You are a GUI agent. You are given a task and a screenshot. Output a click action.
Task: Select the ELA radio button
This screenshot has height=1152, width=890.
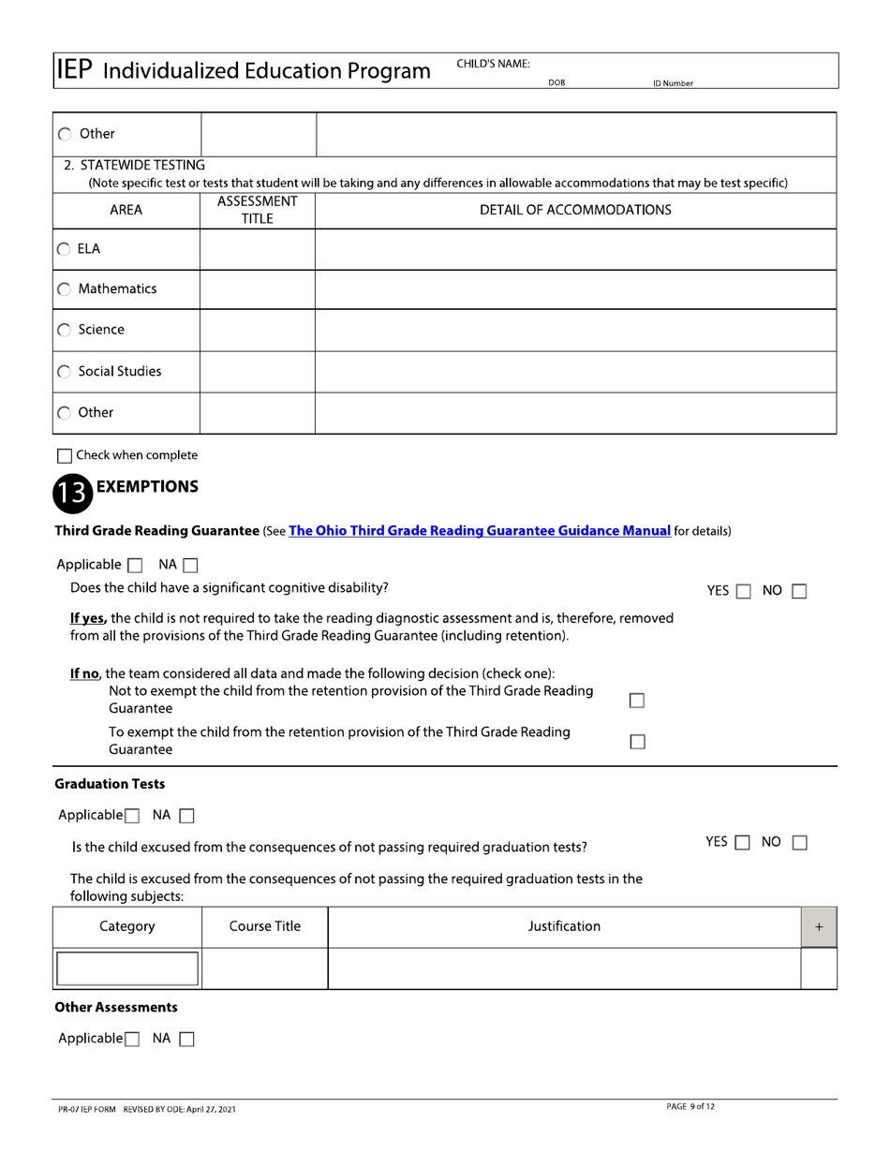64,249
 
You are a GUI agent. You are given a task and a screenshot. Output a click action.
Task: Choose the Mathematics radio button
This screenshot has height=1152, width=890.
64,290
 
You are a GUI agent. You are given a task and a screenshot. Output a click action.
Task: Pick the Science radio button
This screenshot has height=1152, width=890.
64,331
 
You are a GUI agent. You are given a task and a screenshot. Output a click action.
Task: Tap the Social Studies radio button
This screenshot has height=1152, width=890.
64,372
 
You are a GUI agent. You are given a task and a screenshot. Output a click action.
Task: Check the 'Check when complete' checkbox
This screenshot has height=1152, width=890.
64,456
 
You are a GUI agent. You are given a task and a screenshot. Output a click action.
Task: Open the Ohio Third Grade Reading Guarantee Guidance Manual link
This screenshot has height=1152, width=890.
480,531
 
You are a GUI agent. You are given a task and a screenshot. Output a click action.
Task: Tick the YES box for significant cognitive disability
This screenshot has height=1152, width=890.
742,591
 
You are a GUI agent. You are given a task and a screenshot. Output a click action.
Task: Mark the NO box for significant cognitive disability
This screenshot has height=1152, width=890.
799,591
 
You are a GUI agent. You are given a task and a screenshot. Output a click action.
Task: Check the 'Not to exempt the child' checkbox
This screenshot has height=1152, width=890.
637,701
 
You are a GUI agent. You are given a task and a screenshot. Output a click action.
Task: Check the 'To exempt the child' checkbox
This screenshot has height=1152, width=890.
637,742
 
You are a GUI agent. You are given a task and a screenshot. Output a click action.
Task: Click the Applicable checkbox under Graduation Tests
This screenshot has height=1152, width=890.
132,816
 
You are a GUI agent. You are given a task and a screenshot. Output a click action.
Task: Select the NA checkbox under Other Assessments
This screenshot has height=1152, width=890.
185,1039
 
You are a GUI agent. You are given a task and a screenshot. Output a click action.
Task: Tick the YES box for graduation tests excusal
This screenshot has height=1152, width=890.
741,843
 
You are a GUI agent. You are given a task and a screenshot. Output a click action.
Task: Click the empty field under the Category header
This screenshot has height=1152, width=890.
127,968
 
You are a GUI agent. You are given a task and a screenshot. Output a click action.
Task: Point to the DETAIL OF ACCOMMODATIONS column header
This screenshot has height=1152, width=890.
575,210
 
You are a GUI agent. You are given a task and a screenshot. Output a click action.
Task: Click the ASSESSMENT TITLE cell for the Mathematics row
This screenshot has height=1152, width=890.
258,290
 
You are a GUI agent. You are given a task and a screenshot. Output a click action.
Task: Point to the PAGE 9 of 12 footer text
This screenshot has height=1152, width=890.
690,1107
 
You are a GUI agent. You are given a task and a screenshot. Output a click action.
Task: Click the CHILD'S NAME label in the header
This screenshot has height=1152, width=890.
493,64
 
